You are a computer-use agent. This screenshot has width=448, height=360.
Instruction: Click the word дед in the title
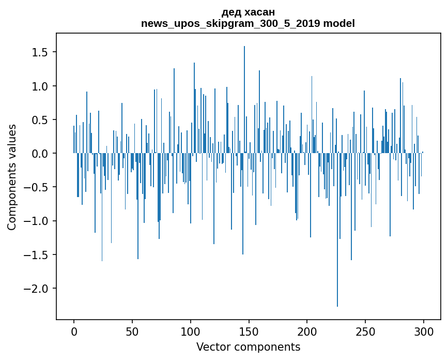click(x=230, y=12)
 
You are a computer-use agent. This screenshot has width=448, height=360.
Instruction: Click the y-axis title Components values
click(x=12, y=177)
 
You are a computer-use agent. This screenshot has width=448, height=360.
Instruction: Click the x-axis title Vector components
click(x=248, y=347)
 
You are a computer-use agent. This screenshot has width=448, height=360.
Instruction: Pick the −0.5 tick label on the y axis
click(x=37, y=187)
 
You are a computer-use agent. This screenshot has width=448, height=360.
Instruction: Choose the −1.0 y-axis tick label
click(x=37, y=221)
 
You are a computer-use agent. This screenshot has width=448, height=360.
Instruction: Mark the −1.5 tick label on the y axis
click(x=37, y=254)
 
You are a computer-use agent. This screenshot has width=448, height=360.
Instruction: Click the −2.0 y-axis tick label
click(x=37, y=288)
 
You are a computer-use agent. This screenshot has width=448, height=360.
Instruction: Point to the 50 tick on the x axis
click(x=132, y=331)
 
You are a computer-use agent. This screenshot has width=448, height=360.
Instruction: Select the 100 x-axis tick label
click(x=190, y=331)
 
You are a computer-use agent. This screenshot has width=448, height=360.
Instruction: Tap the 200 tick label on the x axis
click(x=307, y=331)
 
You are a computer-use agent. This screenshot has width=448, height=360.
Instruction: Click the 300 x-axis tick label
click(x=423, y=331)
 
